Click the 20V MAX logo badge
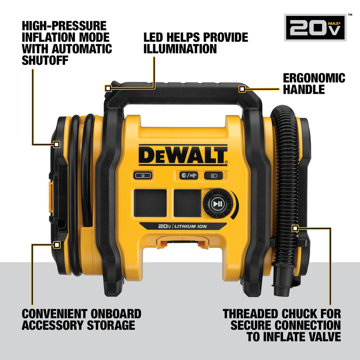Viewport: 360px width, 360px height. click(315, 27)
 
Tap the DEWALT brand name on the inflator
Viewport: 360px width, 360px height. click(183, 155)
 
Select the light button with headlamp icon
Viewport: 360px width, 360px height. click(213, 175)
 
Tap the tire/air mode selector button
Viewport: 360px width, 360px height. click(189, 175)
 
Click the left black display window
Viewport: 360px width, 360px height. click(150, 203)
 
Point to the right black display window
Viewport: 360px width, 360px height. click(187, 203)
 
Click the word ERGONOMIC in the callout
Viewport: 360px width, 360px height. click(314, 78)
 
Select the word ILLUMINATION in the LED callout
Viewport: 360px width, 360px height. click(180, 49)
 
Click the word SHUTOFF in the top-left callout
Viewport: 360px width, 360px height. click(45, 60)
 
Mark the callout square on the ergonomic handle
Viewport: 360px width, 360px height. click(242, 89)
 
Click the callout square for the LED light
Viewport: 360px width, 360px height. click(108, 88)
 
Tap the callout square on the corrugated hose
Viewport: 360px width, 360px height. click(295, 229)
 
